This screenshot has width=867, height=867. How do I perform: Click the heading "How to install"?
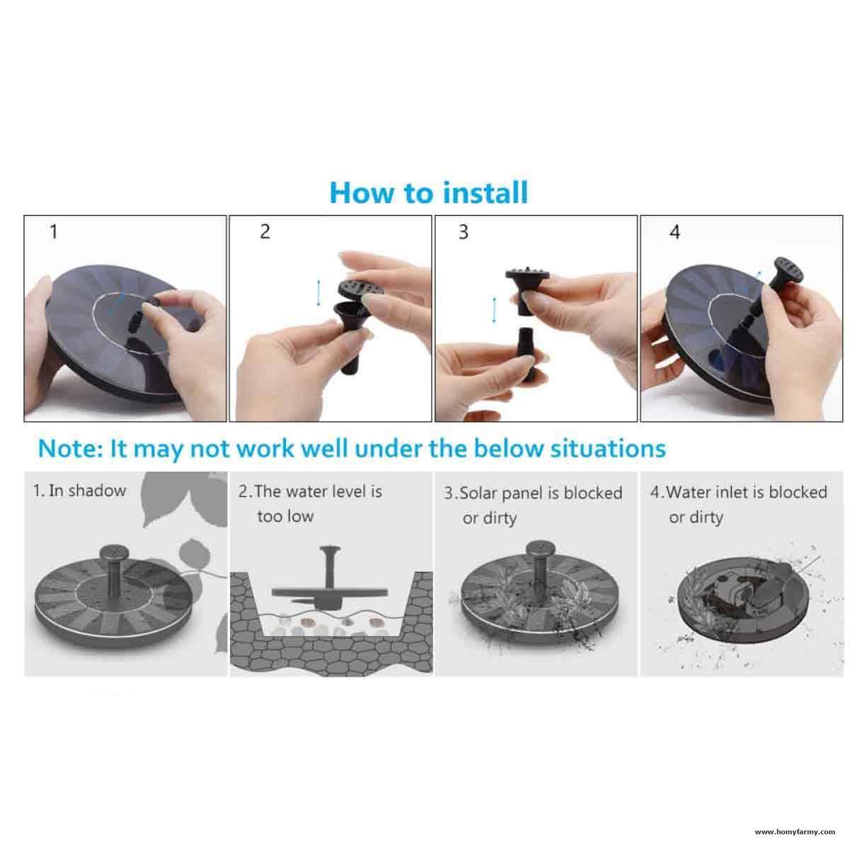(429, 193)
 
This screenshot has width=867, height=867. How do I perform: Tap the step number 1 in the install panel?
(53, 231)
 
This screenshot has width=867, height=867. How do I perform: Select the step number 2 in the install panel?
(265, 231)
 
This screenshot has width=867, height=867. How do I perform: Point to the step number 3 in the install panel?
(464, 232)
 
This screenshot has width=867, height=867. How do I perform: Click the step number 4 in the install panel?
(674, 232)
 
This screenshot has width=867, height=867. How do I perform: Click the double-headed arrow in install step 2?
(318, 292)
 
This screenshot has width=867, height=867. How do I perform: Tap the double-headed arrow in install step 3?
(494, 309)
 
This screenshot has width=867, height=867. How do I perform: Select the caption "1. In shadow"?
(79, 490)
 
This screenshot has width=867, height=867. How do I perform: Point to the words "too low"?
(285, 517)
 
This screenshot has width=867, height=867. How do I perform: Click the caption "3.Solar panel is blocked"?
(533, 493)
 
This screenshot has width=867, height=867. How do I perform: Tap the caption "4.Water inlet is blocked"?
(738, 492)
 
